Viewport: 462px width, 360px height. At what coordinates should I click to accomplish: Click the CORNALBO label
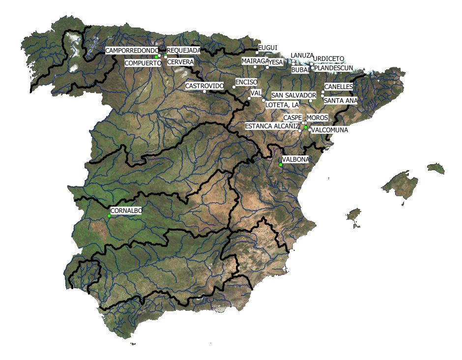(126, 210)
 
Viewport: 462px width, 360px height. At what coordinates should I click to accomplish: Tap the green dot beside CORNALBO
(109, 216)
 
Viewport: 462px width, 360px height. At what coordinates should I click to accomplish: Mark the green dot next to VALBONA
(281, 165)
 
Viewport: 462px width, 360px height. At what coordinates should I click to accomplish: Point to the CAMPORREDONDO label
(132, 51)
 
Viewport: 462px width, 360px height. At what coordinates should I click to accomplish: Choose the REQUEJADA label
(184, 50)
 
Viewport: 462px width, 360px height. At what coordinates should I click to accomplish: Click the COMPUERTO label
(143, 63)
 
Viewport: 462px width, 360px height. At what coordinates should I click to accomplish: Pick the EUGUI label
(268, 47)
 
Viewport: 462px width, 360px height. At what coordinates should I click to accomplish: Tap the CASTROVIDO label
(204, 86)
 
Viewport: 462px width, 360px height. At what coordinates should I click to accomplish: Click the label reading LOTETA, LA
(282, 105)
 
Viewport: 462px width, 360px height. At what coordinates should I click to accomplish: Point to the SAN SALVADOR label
(293, 95)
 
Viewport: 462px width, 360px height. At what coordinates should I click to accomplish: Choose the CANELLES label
(338, 87)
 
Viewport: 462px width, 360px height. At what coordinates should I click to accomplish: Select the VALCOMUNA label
(330, 130)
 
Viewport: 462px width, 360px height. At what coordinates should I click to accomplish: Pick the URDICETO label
(329, 58)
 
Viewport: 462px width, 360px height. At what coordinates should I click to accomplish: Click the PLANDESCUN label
(334, 68)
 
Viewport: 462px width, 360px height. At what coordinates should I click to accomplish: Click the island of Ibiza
(353, 214)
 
